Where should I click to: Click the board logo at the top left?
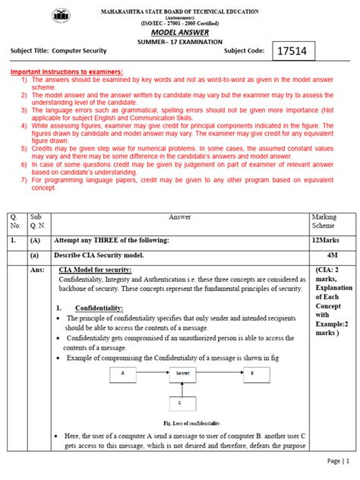[x=60, y=17]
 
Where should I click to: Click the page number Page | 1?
[x=338, y=460]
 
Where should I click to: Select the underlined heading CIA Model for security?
[x=95, y=270]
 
